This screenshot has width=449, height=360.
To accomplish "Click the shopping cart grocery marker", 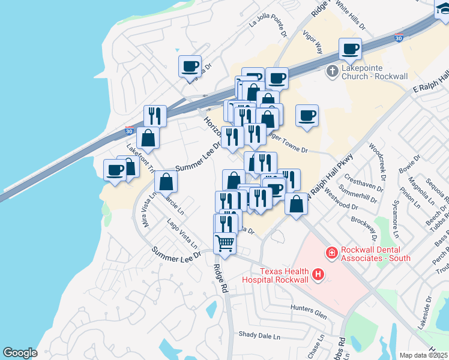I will tap(225, 244).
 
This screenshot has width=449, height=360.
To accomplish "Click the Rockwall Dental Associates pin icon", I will tap(331, 254).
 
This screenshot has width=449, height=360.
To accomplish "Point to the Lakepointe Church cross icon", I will tap(332, 72).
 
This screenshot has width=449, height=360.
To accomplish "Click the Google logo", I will tap(20, 352).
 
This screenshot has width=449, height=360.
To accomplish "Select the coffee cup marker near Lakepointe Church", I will tap(349, 49).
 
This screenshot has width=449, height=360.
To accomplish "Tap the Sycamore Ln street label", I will tap(397, 214).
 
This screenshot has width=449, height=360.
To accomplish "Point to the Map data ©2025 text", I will tap(424, 355).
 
